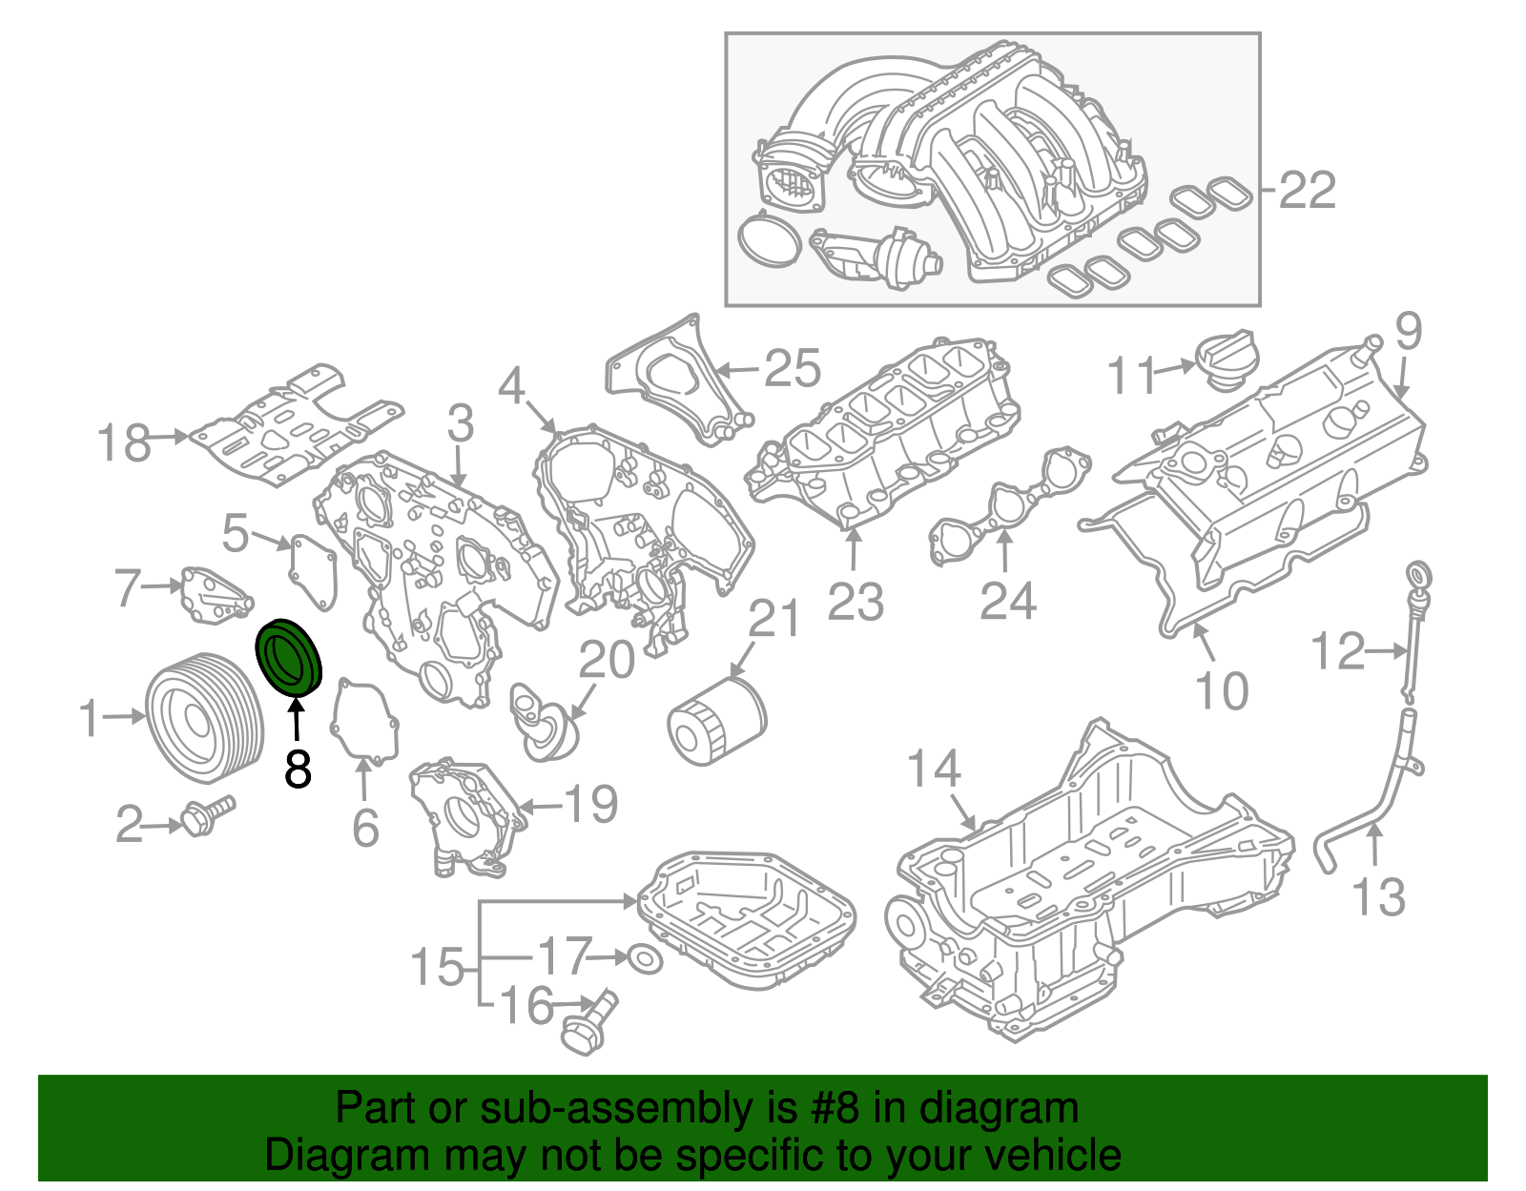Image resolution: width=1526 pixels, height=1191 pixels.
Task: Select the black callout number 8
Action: (298, 769)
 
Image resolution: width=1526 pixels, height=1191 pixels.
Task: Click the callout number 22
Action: (1307, 191)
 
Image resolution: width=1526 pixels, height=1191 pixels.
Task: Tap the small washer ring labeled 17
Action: (646, 959)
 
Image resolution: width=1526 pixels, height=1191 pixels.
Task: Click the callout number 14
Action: (933, 769)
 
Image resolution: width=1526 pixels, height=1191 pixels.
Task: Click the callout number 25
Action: (793, 368)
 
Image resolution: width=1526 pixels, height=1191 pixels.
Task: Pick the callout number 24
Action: (1008, 601)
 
